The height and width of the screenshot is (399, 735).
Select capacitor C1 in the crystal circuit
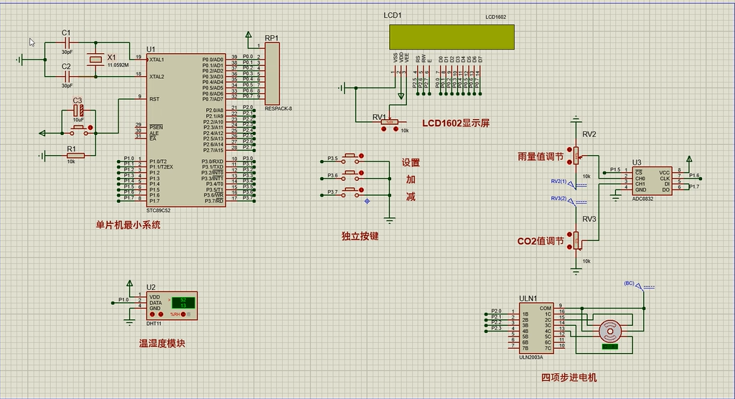click(x=66, y=42)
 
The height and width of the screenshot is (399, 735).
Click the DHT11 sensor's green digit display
click(x=182, y=302)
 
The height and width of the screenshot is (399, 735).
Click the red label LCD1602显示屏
click(x=456, y=123)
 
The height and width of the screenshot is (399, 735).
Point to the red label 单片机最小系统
click(x=128, y=225)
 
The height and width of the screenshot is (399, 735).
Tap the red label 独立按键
click(x=360, y=235)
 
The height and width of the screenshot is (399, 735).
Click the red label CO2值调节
click(x=540, y=241)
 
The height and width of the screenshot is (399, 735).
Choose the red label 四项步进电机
click(x=568, y=377)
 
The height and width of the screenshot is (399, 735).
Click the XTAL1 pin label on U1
click(x=157, y=60)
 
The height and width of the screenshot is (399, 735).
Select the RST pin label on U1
click(x=154, y=99)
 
